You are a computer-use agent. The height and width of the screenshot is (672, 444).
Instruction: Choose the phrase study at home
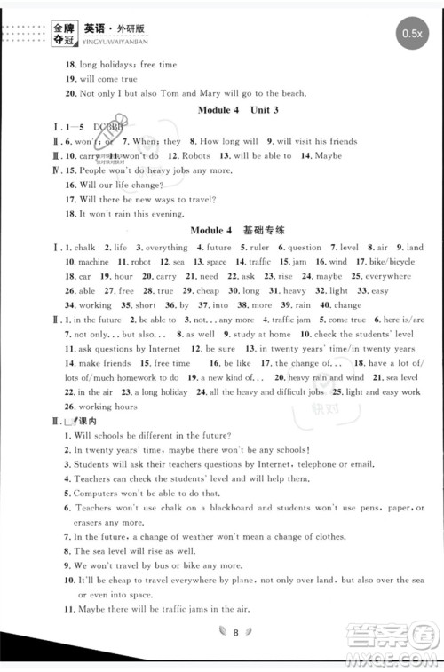260,334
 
